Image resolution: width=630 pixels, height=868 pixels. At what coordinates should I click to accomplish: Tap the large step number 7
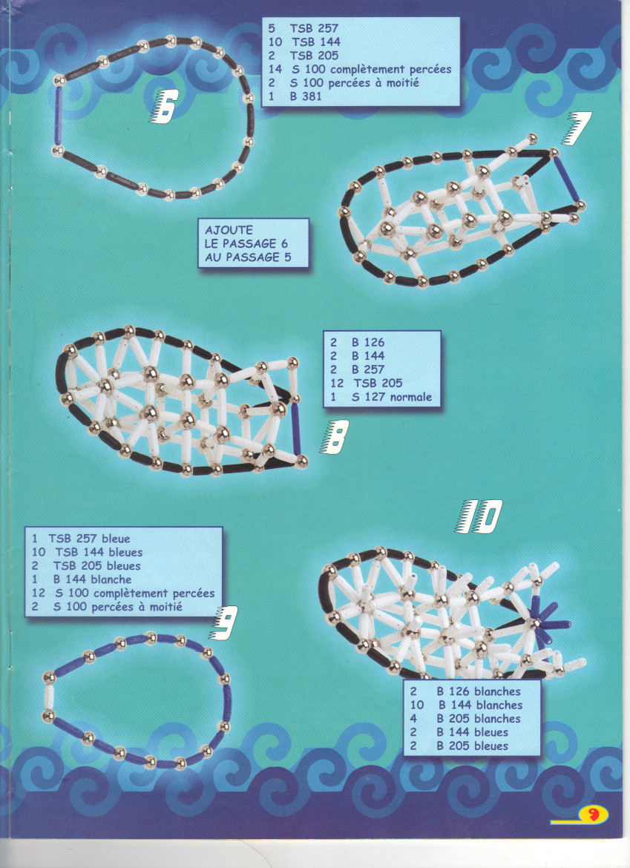[x=579, y=128]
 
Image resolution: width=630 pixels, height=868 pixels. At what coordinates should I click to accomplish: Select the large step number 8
[x=335, y=437]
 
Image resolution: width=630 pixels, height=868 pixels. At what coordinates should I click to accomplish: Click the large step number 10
[x=479, y=516]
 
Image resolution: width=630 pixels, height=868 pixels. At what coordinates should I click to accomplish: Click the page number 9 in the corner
[x=593, y=815]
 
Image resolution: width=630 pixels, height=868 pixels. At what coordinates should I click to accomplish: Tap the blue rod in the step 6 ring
[x=58, y=115]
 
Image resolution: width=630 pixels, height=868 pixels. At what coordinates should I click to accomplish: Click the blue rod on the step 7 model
[x=565, y=178]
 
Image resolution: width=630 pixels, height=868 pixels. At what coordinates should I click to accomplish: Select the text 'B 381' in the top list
[x=306, y=96]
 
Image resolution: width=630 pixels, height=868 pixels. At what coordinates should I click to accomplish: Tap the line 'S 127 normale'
[x=391, y=397]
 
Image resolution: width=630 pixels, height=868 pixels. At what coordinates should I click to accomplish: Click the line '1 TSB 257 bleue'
[x=81, y=539]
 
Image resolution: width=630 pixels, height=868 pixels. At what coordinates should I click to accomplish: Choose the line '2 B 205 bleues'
[x=459, y=746]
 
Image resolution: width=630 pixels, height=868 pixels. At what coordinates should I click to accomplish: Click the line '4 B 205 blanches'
[x=465, y=719]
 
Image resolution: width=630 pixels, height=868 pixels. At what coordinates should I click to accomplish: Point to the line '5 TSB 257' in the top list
[x=303, y=28]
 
